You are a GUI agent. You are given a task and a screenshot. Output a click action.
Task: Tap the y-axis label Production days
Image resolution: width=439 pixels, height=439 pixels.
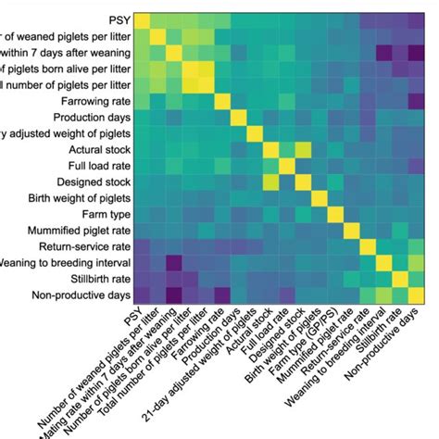coord(84,118)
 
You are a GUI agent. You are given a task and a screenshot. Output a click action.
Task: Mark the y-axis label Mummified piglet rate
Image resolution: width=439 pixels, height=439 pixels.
coord(69,231)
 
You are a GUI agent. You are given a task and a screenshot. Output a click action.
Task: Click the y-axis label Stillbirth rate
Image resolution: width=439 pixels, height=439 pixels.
coord(92,279)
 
